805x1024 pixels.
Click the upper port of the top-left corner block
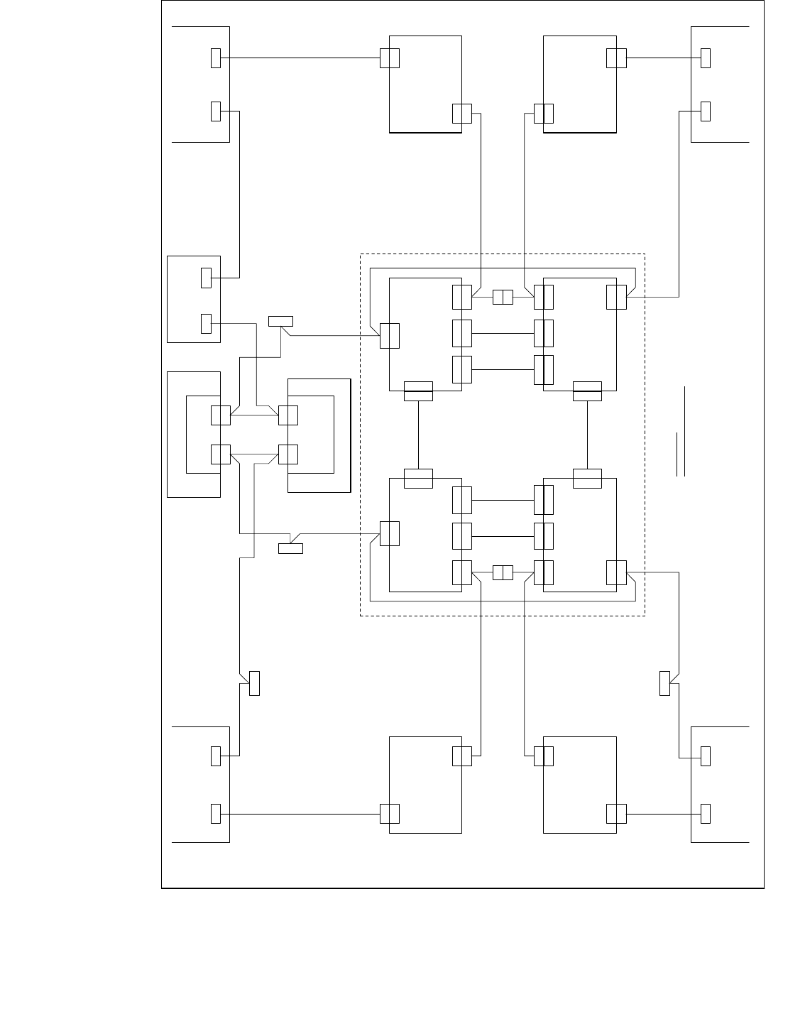[216, 58]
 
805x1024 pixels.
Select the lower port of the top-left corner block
[216, 111]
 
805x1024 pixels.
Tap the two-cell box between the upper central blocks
[503, 298]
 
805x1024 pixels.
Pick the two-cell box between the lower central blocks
[503, 572]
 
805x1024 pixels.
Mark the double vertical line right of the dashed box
[682, 433]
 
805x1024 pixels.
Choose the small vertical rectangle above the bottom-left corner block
[254, 683]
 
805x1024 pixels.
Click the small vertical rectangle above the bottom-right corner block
[665, 683]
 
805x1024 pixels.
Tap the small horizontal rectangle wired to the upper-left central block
[280, 321]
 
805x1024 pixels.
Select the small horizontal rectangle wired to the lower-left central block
[290, 548]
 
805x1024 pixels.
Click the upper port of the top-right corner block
[706, 58]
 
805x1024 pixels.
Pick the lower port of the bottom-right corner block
[706, 813]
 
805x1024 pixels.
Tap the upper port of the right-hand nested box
[288, 415]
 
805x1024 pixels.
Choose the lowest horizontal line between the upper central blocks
[503, 369]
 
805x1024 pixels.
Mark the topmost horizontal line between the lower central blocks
[503, 500]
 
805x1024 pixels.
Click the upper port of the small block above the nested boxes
[207, 278]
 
